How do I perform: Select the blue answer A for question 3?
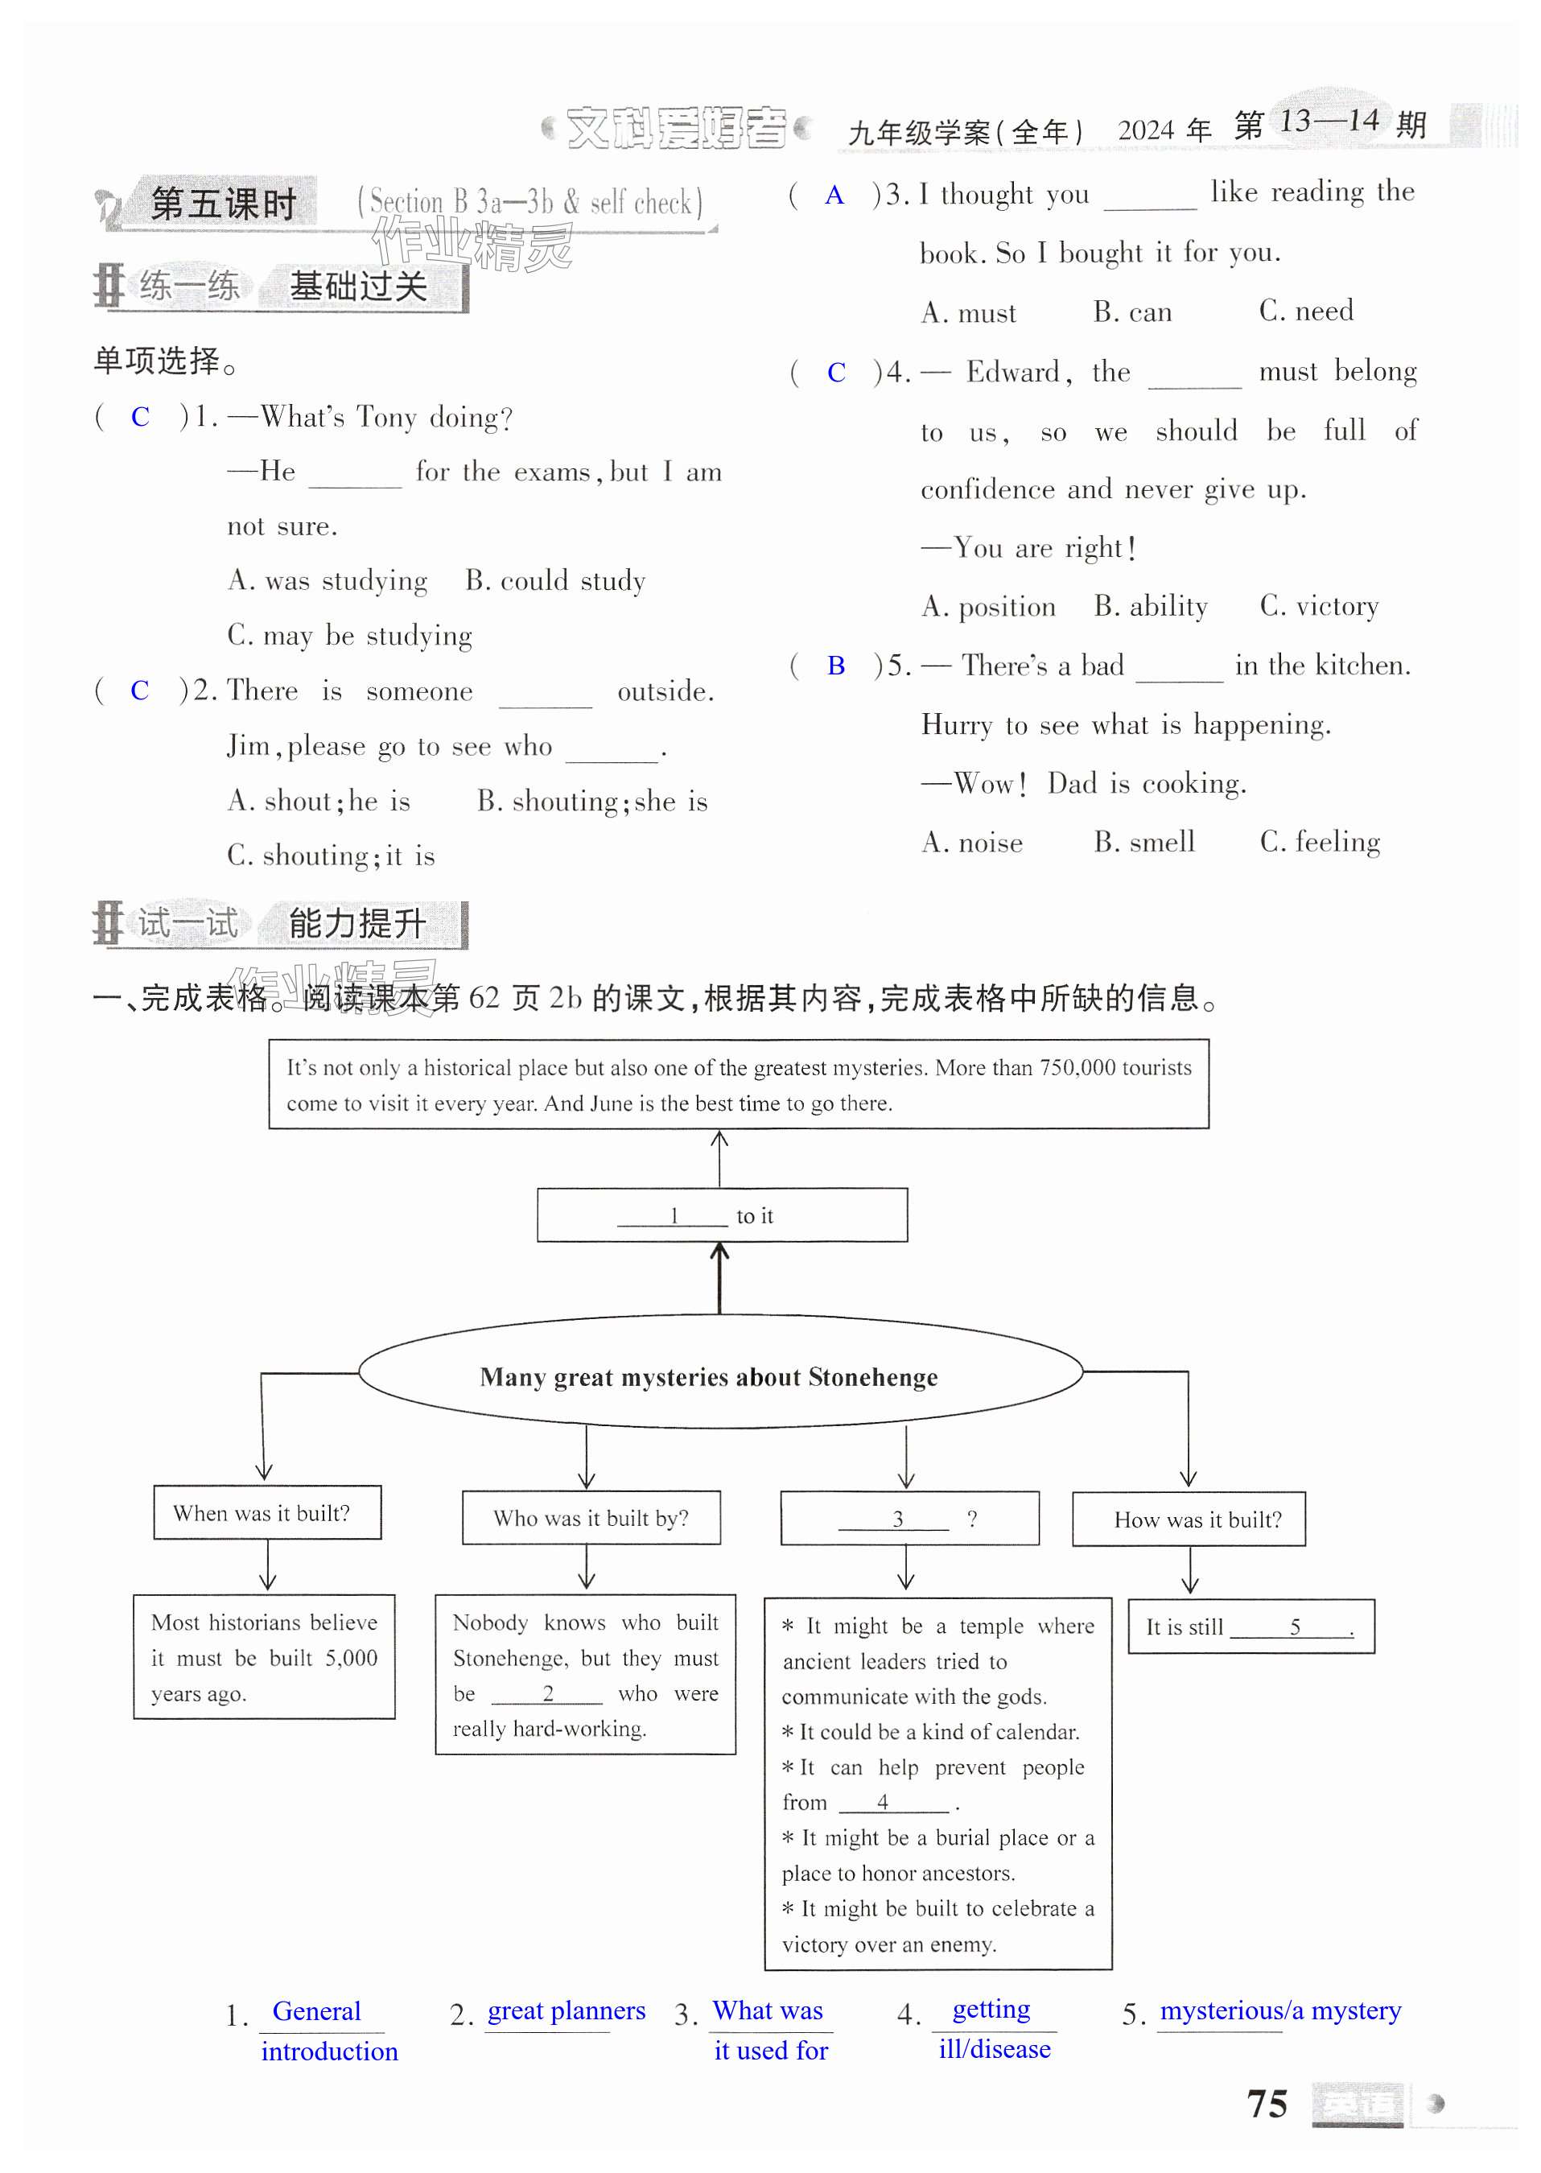(834, 196)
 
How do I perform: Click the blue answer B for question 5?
(836, 666)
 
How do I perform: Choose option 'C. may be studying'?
(350, 635)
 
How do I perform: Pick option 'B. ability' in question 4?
(1150, 606)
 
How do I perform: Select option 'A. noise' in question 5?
(971, 842)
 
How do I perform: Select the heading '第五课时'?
(224, 203)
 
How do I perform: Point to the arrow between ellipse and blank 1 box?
(719, 1278)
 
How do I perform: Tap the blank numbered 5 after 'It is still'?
(1292, 1628)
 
